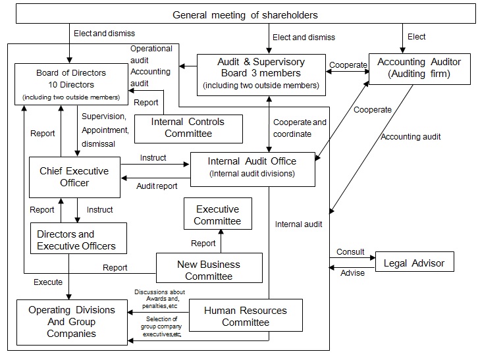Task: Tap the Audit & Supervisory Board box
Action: click(x=261, y=73)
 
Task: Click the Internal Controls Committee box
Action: click(x=188, y=128)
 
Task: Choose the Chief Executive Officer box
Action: click(x=74, y=177)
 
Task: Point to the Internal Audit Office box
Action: click(x=252, y=167)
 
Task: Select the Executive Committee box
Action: click(x=217, y=215)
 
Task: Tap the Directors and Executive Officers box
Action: click(x=78, y=240)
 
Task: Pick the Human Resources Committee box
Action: click(x=246, y=316)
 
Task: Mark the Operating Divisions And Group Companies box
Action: click(x=71, y=321)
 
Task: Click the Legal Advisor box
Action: click(x=414, y=263)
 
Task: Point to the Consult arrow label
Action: click(x=350, y=252)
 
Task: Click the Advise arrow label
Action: click(x=352, y=273)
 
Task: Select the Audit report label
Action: click(x=156, y=186)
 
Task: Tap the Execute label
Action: click(x=48, y=282)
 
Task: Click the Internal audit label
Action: click(x=299, y=224)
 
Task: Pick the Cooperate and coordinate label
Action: click(x=300, y=128)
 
